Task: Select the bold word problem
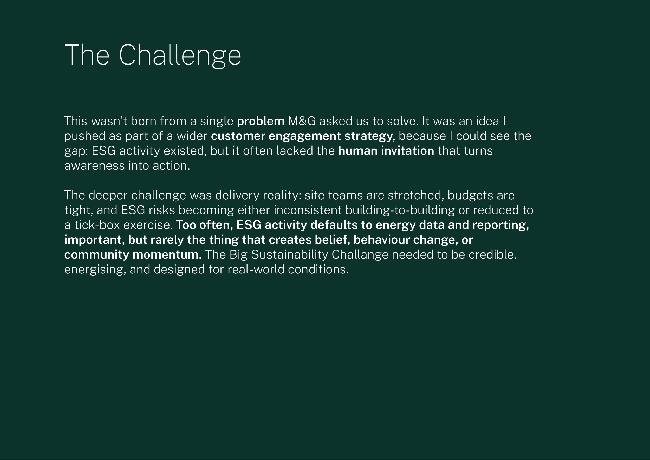(x=261, y=121)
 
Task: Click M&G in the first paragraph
(x=302, y=121)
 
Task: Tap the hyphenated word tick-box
(x=97, y=225)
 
